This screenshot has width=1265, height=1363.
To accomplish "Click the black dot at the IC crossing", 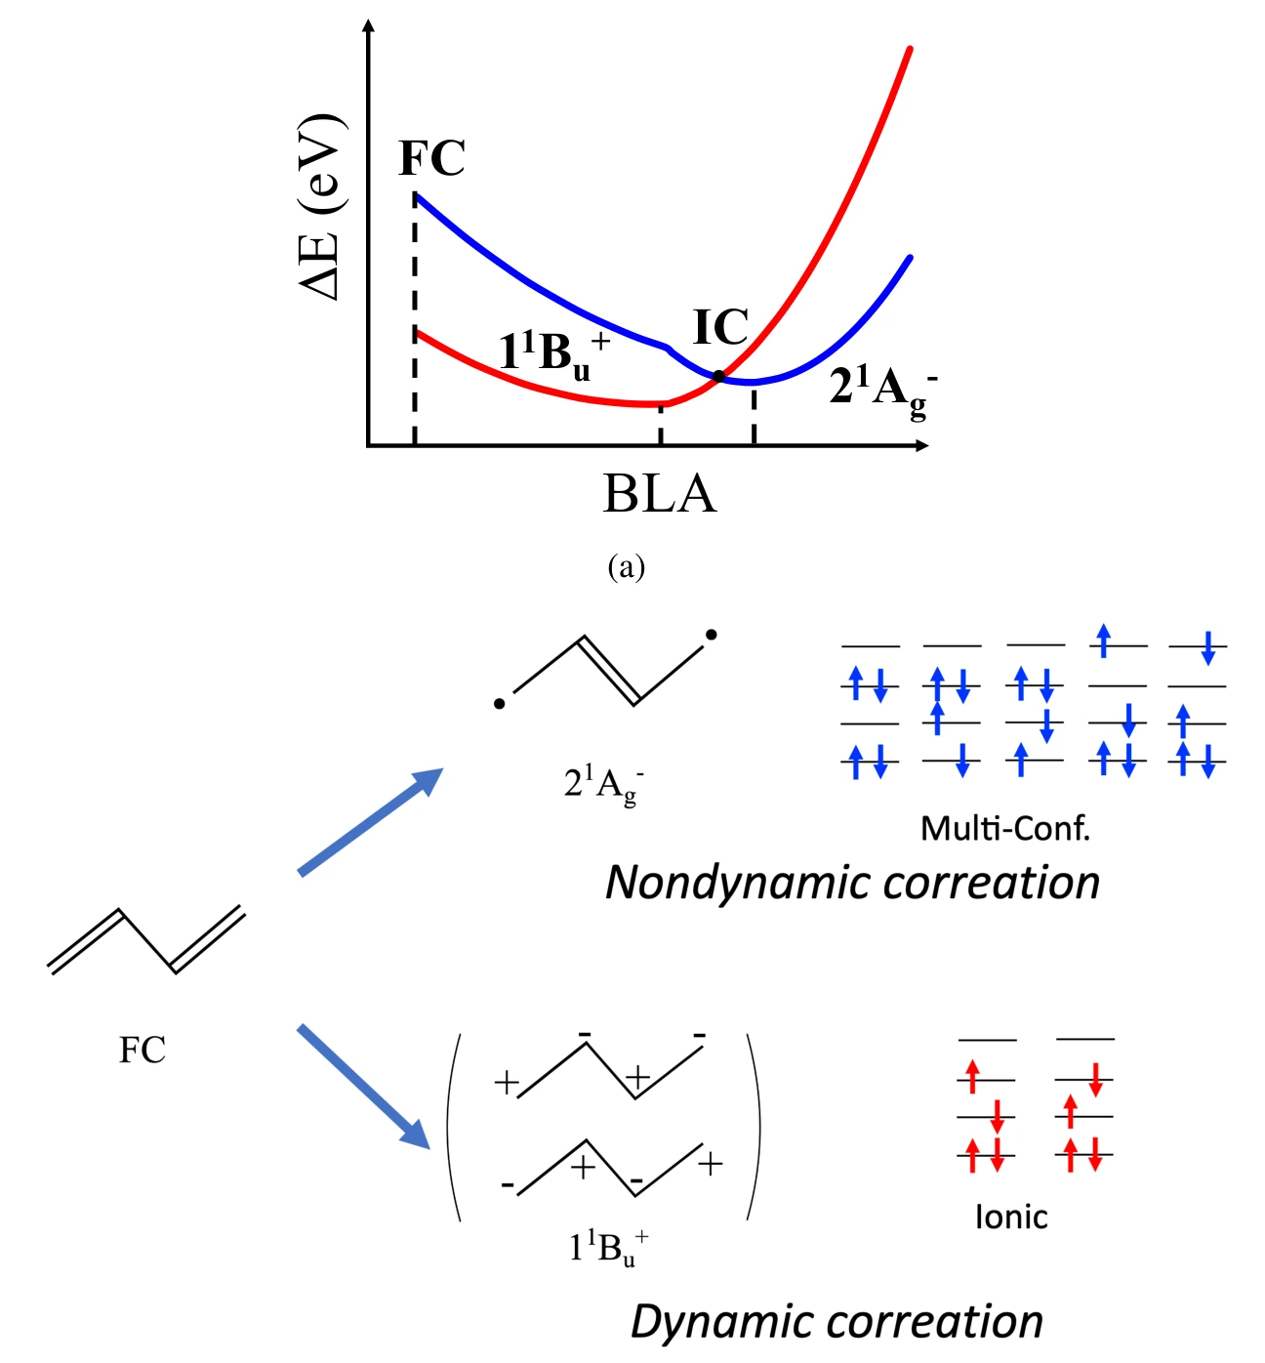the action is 718,376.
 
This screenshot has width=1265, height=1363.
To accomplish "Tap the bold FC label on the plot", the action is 431,158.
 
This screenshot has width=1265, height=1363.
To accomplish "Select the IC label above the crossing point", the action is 720,327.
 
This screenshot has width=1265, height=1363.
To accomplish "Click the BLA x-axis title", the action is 660,494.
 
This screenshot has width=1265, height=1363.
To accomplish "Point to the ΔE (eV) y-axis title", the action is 322,207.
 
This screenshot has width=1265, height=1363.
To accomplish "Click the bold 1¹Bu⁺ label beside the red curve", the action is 553,353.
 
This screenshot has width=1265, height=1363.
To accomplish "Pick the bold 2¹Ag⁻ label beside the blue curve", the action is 883,391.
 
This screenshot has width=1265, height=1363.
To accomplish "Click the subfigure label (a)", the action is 626,567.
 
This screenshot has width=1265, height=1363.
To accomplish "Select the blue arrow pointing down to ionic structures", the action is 364,1087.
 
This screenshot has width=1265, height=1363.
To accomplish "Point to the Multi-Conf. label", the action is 1004,828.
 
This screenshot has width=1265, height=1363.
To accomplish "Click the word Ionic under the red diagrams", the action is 1011,1217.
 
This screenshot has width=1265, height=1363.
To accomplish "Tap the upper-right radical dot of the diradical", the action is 712,635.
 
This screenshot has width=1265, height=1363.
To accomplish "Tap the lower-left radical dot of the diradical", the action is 499,703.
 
